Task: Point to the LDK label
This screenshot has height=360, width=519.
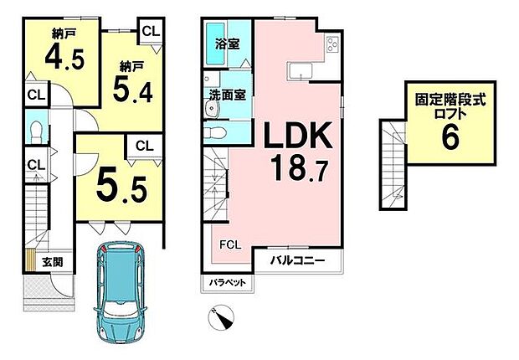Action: (297, 136)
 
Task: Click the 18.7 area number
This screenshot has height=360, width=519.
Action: (299, 169)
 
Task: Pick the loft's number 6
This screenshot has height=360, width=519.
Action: (450, 136)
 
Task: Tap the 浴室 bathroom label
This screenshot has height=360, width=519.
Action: (227, 44)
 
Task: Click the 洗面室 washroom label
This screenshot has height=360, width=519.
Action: (227, 95)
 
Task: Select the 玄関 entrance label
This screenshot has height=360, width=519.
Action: (53, 262)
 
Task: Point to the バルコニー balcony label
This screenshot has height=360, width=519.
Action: (297, 260)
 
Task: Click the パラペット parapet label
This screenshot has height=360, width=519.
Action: (228, 282)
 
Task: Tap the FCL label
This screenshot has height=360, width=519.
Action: (231, 245)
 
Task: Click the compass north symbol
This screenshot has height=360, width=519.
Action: (221, 317)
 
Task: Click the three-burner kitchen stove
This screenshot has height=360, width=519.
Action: (332, 44)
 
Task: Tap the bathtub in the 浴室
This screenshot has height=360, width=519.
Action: (215, 44)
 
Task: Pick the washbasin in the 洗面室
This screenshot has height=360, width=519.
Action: (212, 108)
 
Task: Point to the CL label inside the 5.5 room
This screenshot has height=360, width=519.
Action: (145, 146)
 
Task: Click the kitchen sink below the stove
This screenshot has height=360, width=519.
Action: (300, 71)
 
